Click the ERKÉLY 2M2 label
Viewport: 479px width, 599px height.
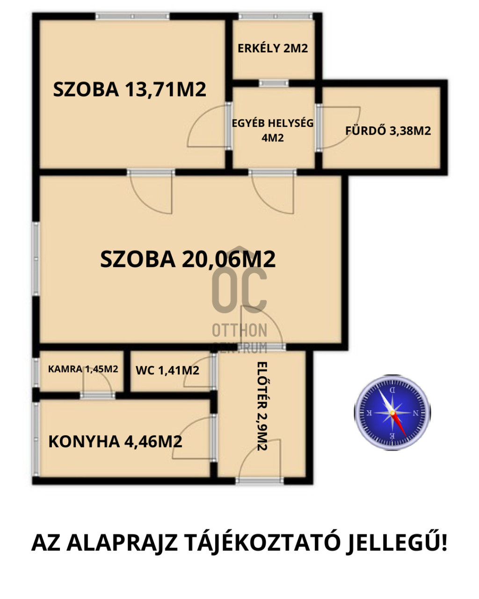[273, 48]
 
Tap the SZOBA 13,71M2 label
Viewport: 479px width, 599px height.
[130, 89]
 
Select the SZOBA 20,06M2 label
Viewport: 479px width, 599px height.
[188, 259]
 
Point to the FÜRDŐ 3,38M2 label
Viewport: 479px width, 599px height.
[388, 131]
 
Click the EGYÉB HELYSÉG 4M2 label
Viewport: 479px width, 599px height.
[273, 130]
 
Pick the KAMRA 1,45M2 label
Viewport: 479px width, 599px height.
[83, 369]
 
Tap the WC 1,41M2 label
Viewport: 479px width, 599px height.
[167, 371]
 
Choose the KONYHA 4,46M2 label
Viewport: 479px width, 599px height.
[115, 441]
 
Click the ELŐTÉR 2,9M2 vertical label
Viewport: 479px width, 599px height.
[262, 406]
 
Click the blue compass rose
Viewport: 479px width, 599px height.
[392, 412]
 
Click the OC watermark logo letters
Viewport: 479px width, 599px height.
[239, 290]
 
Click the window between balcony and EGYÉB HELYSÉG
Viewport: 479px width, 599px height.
[274, 83]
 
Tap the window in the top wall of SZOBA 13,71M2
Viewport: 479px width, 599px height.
[132, 16]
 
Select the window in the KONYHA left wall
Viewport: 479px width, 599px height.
[36, 439]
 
